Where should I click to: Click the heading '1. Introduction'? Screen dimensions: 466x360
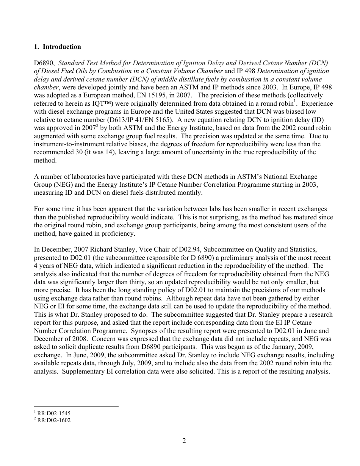click(x=57, y=47)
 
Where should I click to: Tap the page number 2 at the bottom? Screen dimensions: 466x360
click(x=184, y=441)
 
